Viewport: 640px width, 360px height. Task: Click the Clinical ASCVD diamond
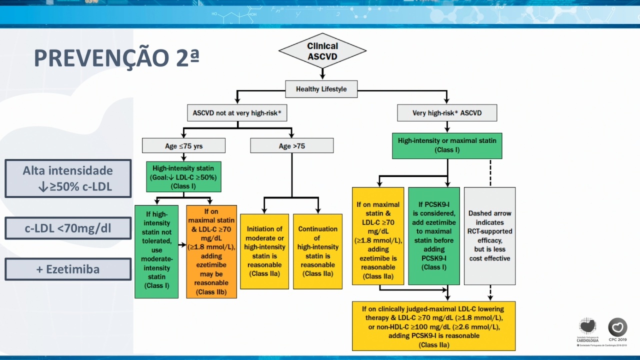tap(322, 51)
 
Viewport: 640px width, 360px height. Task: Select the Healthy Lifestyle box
tap(321, 89)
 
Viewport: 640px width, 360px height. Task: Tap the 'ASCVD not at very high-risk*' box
tap(237, 113)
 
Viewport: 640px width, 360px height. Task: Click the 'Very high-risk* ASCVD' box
tap(447, 113)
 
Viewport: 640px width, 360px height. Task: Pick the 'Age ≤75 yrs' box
tap(183, 145)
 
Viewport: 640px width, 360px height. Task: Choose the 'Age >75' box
tap(291, 145)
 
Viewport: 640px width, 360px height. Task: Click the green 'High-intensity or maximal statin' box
tap(447, 145)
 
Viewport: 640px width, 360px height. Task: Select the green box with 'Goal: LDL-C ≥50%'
tap(183, 177)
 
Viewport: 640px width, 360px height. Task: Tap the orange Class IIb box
tap(211, 251)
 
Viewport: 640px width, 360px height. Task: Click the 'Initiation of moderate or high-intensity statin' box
tap(264, 251)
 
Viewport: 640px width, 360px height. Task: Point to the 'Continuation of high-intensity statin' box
tap(317, 251)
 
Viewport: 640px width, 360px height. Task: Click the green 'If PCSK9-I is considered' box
tap(434, 236)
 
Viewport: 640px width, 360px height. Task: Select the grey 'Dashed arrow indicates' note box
tap(489, 236)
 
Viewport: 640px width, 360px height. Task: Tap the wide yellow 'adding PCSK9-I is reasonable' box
tap(433, 326)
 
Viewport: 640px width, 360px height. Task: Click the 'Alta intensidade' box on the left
tap(68, 178)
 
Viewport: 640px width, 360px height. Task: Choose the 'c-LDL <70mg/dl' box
tap(68, 228)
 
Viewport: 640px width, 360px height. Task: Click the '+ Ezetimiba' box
tap(68, 269)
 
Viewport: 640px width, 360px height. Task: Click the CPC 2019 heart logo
tap(617, 327)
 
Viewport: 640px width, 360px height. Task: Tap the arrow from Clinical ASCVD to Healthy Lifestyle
tap(322, 74)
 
